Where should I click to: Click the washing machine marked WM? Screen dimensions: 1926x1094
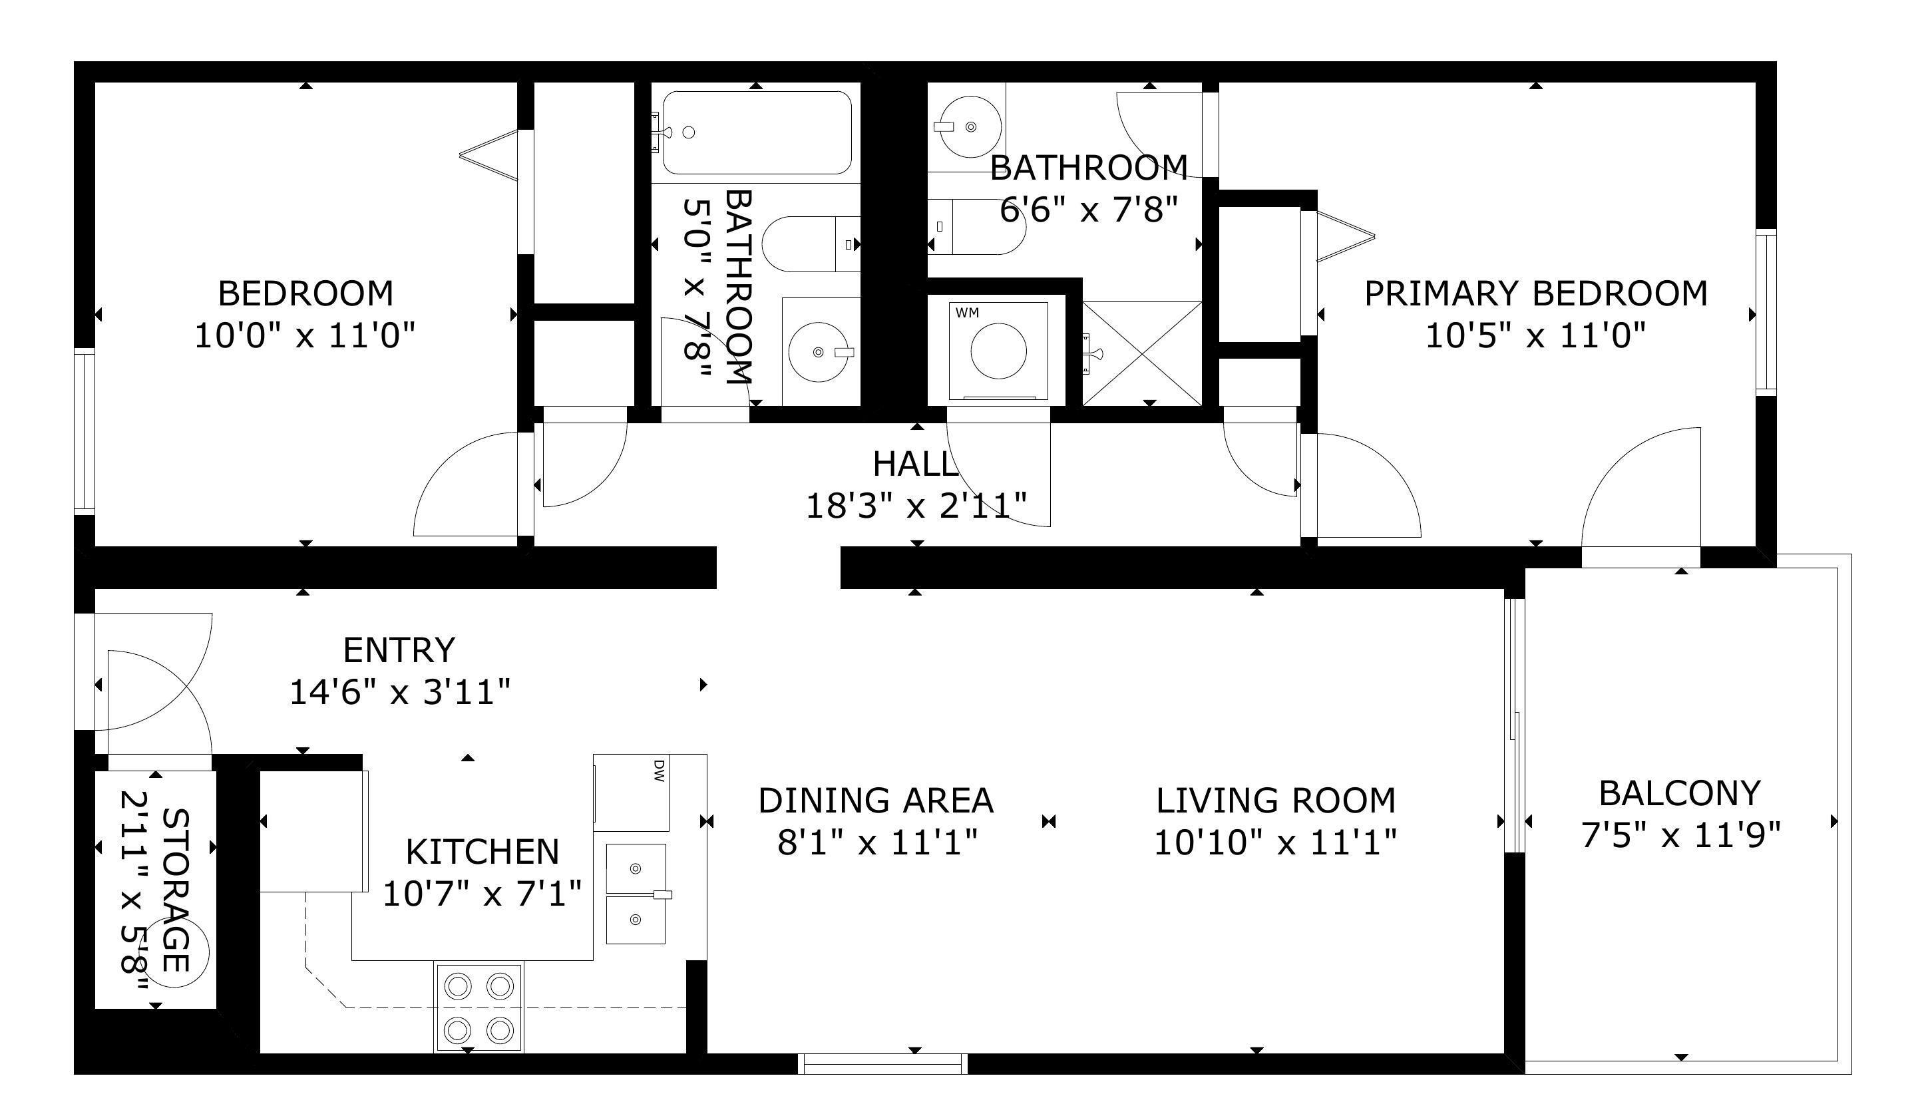coord(998,351)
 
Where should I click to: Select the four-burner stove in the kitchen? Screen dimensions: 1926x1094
coord(479,1007)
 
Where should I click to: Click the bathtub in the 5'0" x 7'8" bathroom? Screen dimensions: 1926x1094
coord(757,133)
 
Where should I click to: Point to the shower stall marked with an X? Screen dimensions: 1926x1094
coord(1142,353)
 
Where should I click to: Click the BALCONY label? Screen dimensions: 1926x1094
coord(1680,793)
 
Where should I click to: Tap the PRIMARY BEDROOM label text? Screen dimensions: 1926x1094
coord(1536,293)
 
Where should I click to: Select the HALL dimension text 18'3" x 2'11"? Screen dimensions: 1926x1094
coord(916,506)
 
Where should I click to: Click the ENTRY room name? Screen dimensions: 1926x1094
coord(399,650)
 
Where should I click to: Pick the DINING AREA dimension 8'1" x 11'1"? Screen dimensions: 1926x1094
coord(877,842)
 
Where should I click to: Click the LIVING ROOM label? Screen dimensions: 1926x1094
coord(1275,801)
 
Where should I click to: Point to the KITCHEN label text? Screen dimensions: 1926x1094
coord(482,852)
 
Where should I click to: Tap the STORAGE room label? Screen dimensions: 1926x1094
coord(175,890)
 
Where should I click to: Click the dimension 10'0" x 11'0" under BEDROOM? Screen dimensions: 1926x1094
coord(305,335)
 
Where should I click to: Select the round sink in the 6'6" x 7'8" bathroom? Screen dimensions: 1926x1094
coord(970,127)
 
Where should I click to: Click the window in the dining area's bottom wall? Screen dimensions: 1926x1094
coord(882,1064)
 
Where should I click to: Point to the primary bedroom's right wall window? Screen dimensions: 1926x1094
coord(1766,313)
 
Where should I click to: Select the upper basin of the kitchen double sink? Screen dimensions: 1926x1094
coord(636,868)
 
